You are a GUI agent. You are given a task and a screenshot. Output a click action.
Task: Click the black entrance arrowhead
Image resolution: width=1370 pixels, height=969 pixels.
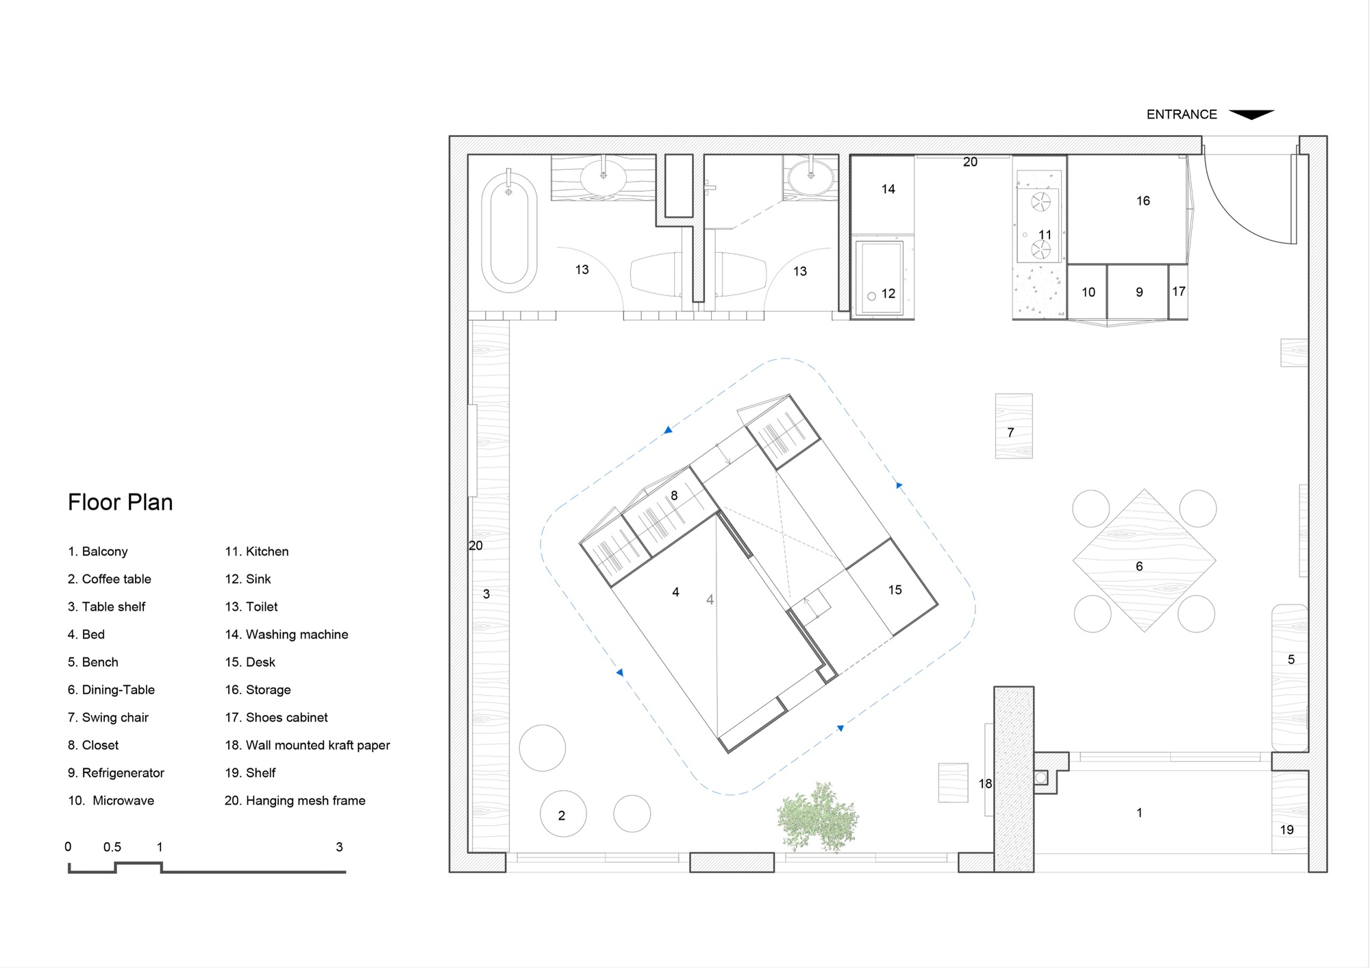point(1251,114)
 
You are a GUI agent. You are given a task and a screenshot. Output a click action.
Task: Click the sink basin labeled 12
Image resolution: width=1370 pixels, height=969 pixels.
point(882,278)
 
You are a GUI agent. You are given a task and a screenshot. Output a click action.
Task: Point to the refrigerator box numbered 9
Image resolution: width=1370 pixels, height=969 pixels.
point(1138,292)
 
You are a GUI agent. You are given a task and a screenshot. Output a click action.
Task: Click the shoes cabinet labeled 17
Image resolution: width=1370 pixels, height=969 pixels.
point(1178,292)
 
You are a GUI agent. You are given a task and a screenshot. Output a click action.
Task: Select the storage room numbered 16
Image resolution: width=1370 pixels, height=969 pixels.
point(1128,210)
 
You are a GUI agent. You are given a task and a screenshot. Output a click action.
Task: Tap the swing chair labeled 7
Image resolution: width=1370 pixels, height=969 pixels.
point(1014,426)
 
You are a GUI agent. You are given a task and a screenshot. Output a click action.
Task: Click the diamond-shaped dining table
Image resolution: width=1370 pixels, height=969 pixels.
point(1144,561)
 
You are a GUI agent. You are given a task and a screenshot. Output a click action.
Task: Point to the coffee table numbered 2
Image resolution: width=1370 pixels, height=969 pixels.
point(563,814)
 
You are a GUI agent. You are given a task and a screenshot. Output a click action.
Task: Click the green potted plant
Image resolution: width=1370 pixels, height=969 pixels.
point(817,818)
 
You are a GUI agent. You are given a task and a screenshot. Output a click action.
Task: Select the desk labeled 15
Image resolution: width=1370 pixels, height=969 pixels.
point(892,587)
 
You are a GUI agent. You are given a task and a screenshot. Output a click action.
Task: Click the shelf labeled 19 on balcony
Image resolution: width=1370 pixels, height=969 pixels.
point(1290,812)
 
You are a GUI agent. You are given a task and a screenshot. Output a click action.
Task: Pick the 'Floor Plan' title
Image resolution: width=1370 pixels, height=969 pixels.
point(121,502)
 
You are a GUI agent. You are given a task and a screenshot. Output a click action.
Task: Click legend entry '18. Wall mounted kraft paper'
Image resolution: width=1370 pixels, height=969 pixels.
point(308,746)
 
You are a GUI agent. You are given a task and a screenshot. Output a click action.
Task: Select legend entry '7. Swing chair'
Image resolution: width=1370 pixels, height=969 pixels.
point(108,717)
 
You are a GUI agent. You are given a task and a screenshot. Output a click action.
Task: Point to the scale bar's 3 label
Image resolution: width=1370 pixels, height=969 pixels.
point(339,847)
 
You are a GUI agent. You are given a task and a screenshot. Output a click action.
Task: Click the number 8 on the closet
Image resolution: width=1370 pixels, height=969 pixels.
point(674,495)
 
